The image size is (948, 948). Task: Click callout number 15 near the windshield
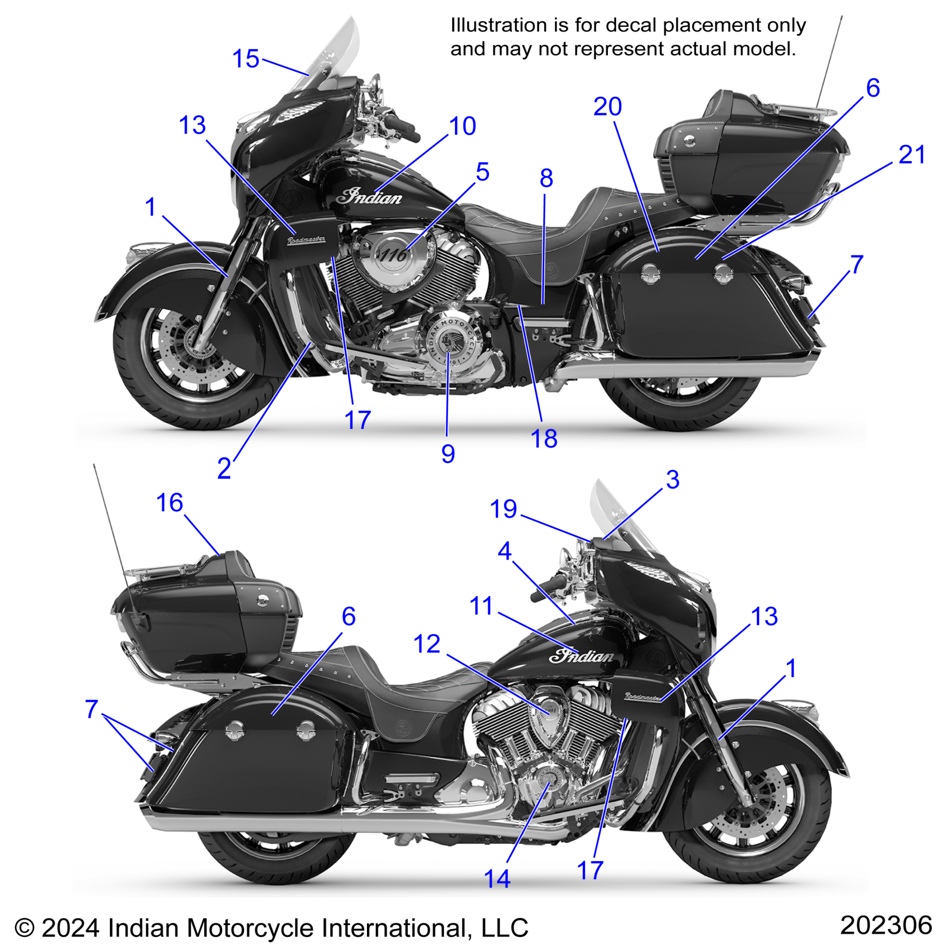coord(245,59)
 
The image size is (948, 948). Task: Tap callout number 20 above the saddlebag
coord(607,107)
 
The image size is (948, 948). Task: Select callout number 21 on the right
coord(912,154)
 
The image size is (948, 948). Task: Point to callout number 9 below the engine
coord(448,454)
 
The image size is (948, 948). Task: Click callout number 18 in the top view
coord(544,439)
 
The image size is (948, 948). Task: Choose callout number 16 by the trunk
coord(170,502)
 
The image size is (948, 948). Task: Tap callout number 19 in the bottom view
coord(503,509)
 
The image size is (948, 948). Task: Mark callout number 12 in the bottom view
coord(427,644)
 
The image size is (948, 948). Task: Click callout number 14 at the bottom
coord(497,879)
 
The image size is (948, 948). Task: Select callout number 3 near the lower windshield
coord(673,480)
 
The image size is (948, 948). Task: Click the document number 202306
coord(886,925)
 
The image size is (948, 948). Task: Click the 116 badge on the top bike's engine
coord(394,255)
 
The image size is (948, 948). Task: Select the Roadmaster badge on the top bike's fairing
coord(306,240)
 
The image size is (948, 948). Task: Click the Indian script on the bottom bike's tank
coord(581,656)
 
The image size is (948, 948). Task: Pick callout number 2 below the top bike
coord(224,468)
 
